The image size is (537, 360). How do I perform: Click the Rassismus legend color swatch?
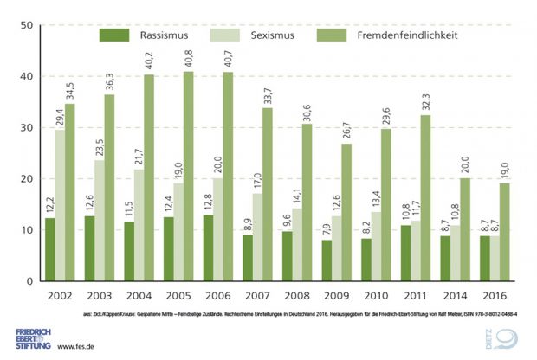(113, 35)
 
